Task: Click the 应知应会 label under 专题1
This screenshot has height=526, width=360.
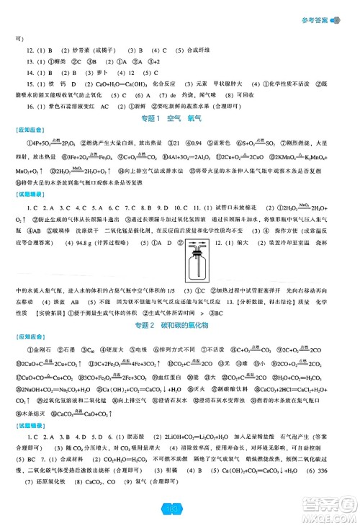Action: pyautogui.click(x=27, y=131)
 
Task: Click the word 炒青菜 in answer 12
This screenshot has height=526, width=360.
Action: pyautogui.click(x=69, y=50)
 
